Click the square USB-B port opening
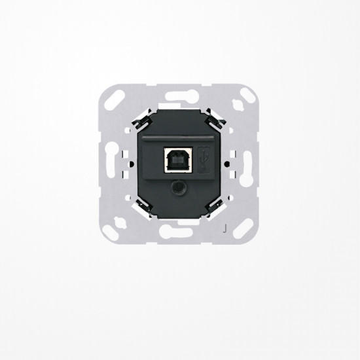[175, 158]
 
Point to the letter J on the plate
[225, 228]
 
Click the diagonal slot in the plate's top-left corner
[115, 99]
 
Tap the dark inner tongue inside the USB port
[175, 160]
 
